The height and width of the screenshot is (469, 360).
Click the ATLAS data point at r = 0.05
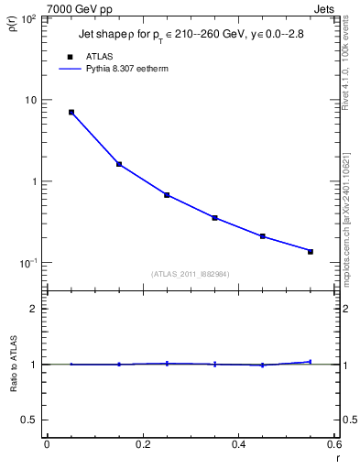coord(71,113)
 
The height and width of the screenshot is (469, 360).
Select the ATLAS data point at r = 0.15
coord(119,164)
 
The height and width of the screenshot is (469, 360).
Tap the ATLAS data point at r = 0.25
coord(167,195)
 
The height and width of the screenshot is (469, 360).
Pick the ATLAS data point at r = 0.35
coord(214,218)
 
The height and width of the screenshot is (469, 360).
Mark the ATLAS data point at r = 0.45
coord(262,236)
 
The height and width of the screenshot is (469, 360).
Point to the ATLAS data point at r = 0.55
coord(311,251)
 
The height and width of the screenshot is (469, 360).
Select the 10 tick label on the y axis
coord(29,100)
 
